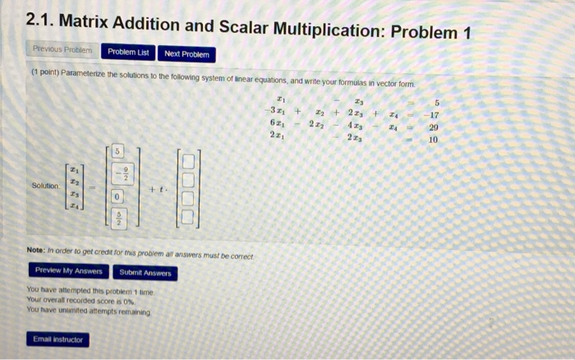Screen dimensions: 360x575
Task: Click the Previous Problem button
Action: [x=63, y=52]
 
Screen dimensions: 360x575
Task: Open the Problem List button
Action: [x=129, y=53]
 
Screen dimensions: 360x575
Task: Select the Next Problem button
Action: [x=186, y=54]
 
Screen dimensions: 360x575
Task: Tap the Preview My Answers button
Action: [x=69, y=270]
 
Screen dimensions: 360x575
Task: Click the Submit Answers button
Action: [x=145, y=272]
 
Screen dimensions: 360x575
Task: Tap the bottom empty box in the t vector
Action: [x=188, y=218]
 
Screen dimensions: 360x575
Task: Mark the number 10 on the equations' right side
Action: [x=435, y=140]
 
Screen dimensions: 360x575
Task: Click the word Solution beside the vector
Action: [x=45, y=186]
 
